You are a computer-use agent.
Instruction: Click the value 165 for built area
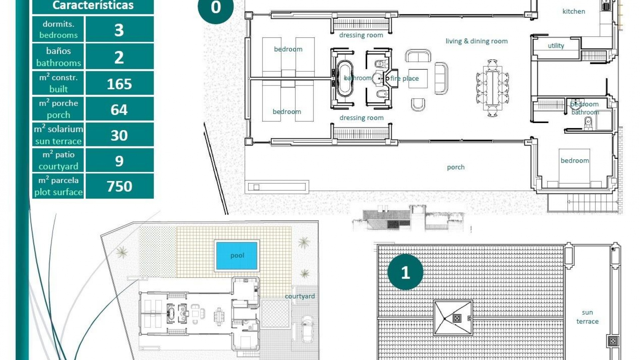pyautogui.click(x=119, y=84)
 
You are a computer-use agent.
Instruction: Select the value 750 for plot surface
pyautogui.click(x=119, y=186)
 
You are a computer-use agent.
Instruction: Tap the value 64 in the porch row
pyautogui.click(x=119, y=109)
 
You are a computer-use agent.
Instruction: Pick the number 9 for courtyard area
pyautogui.click(x=119, y=161)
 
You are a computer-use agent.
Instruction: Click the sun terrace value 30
pyautogui.click(x=119, y=135)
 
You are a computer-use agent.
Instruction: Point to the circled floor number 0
pyautogui.click(x=216, y=8)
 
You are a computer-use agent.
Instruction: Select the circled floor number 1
pyautogui.click(x=405, y=272)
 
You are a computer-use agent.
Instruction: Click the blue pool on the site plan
pyautogui.click(x=237, y=256)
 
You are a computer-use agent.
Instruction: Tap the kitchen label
pyautogui.click(x=574, y=11)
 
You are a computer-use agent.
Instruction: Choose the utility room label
pyautogui.click(x=556, y=46)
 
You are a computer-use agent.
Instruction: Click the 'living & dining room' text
pyautogui.click(x=476, y=41)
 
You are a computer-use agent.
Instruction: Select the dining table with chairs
pyautogui.click(x=492, y=88)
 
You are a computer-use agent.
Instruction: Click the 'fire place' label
pyautogui.click(x=404, y=78)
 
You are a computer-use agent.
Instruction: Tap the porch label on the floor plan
pyautogui.click(x=455, y=167)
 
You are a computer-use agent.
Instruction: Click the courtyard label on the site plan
pyautogui.click(x=299, y=296)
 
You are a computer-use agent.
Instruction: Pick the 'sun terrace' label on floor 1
pyautogui.click(x=587, y=317)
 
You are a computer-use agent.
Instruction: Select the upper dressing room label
pyautogui.click(x=361, y=35)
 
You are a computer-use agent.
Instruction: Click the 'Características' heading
pyautogui.click(x=93, y=5)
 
